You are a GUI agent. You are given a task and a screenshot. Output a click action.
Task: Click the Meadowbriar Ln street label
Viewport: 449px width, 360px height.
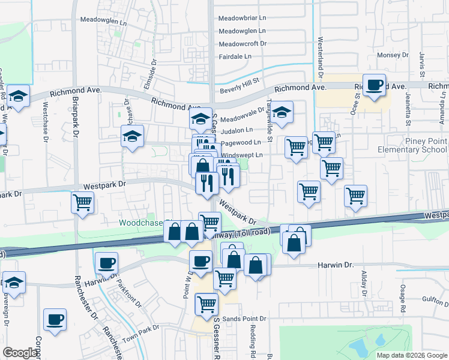click(x=243, y=18)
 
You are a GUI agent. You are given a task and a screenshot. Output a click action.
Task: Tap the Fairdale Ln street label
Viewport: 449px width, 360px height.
click(x=235, y=56)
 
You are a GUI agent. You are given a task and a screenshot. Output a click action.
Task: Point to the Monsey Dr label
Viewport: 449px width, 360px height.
click(x=393, y=55)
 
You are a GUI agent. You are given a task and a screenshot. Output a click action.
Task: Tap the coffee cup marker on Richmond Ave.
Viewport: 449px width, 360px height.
click(x=375, y=85)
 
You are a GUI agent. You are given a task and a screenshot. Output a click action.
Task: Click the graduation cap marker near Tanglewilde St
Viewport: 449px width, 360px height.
click(x=282, y=112)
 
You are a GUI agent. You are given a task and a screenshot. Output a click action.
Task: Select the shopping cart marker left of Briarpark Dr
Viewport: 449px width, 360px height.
click(x=82, y=202)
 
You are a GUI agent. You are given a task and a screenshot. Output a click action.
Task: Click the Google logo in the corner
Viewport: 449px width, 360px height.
click(x=20, y=353)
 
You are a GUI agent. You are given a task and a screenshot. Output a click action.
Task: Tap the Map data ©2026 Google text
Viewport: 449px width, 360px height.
click(x=412, y=355)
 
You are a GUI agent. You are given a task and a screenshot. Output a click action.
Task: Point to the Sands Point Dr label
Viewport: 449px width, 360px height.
click(x=244, y=319)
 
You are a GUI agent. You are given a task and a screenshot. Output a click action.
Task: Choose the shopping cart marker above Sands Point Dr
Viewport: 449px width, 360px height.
click(x=206, y=304)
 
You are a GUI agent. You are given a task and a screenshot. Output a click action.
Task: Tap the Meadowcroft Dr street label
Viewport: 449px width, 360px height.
click(x=243, y=44)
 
